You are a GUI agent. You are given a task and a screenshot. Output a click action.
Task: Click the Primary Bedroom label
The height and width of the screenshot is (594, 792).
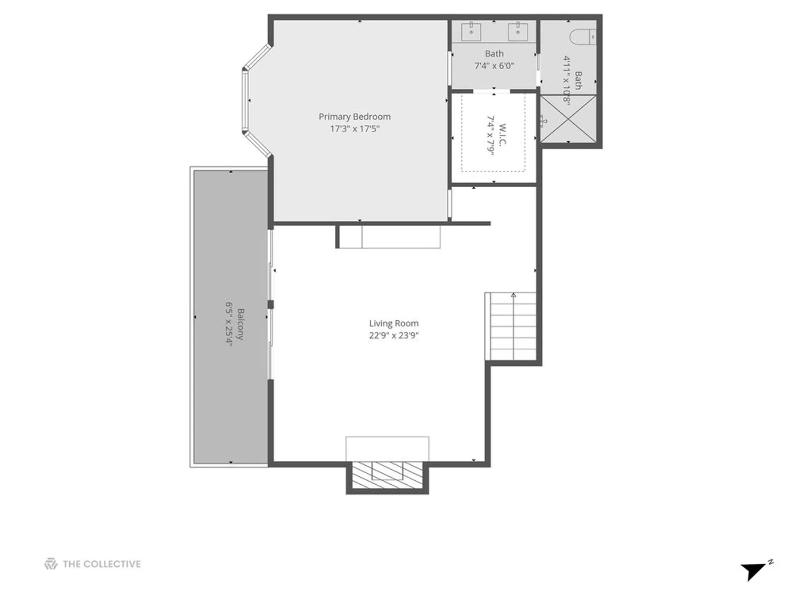[x=354, y=116]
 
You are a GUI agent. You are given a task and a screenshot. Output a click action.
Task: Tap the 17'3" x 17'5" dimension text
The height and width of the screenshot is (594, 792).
[x=354, y=129]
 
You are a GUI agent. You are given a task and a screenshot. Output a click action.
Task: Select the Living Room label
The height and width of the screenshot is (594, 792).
[x=394, y=323]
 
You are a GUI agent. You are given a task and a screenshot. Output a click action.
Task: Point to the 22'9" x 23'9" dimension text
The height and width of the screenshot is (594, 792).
[x=394, y=335]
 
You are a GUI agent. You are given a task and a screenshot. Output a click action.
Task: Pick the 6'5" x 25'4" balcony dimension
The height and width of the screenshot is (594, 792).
[x=229, y=324]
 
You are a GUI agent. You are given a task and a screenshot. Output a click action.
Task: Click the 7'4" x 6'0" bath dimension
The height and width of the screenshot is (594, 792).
[x=494, y=66]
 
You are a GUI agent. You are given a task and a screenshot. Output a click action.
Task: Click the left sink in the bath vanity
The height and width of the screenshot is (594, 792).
[x=471, y=31]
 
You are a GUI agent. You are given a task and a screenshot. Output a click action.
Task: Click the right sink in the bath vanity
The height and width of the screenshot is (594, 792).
[x=518, y=31]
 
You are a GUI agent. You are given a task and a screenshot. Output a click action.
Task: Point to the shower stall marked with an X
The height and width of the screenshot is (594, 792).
[x=568, y=118]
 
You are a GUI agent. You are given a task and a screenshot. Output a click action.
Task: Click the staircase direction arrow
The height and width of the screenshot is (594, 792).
[x=514, y=295]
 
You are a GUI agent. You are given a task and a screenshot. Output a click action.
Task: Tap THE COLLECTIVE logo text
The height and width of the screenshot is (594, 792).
[x=101, y=564]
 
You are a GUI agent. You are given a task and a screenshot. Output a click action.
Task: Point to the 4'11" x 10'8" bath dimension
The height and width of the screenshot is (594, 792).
[x=567, y=81]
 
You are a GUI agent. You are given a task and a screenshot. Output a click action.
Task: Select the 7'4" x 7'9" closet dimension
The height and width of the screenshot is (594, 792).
[x=491, y=135]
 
